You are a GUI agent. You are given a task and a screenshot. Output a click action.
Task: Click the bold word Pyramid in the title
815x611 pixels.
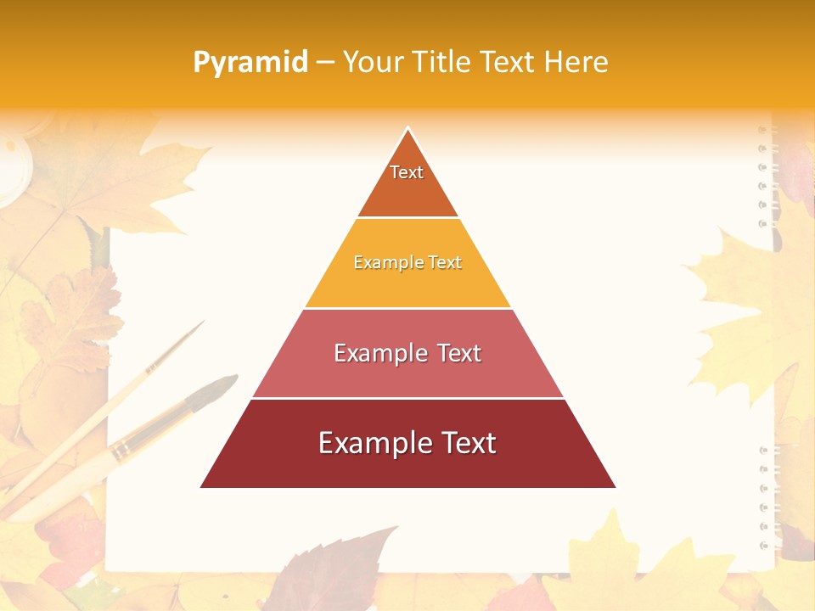[250, 62]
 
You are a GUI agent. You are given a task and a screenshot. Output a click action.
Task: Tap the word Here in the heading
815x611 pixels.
[576, 62]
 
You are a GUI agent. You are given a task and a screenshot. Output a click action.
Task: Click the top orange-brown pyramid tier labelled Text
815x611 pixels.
[407, 182]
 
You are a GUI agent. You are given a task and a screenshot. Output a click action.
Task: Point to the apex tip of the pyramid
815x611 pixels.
[408, 129]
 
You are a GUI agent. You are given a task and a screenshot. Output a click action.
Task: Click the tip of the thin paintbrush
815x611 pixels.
[202, 323]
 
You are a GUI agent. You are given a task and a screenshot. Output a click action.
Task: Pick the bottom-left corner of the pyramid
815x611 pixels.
[201, 487]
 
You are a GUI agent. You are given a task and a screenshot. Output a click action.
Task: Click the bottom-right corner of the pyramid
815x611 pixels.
[615, 487]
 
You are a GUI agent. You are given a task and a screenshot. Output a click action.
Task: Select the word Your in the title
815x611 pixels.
[374, 62]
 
